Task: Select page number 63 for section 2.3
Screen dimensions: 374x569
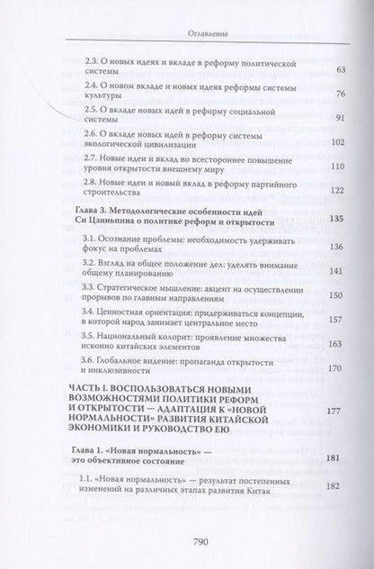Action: click(x=314, y=68)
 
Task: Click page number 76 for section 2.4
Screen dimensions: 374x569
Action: click(x=314, y=94)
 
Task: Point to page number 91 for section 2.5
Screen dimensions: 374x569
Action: click(x=314, y=117)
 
